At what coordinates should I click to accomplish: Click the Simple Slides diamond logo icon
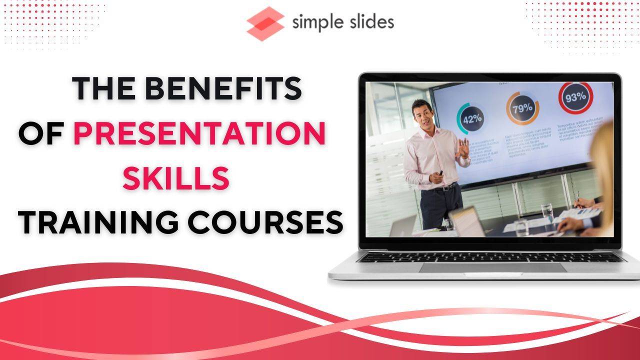click(x=265, y=23)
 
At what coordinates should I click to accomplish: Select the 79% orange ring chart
click(x=522, y=108)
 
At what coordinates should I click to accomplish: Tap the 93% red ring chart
click(x=575, y=97)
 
